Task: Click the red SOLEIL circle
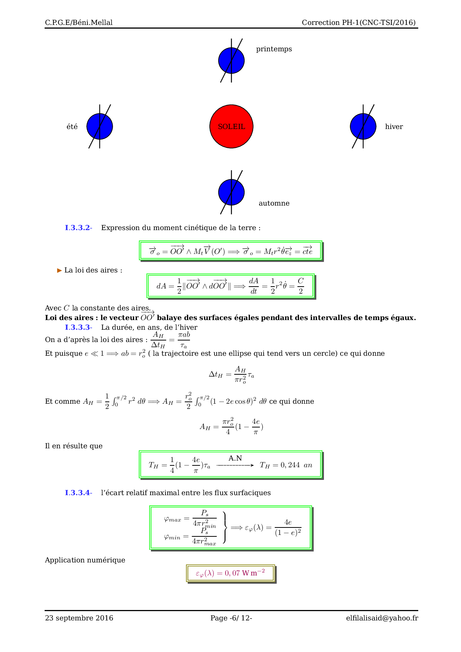[x=231, y=126]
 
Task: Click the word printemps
[x=274, y=49]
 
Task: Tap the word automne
[x=274, y=203]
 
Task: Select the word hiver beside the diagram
[x=394, y=127]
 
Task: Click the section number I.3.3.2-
[x=78, y=228]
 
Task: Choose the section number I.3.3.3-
[x=78, y=327]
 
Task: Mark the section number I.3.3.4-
[x=78, y=493]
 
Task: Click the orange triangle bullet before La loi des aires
[x=59, y=270]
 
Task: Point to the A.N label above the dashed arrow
[x=235, y=458]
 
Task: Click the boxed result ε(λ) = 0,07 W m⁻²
[x=230, y=573]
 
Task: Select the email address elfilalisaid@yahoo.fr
[x=382, y=618]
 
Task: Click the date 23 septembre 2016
[x=79, y=618]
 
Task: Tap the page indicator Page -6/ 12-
[x=231, y=618]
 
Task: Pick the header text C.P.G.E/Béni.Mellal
[x=79, y=23]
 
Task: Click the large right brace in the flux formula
[x=224, y=527]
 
